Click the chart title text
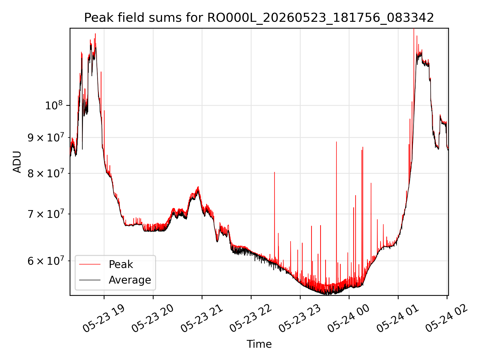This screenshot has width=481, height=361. [x=259, y=18]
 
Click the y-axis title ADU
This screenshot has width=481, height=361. [x=17, y=162]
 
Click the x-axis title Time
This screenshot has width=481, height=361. [x=259, y=344]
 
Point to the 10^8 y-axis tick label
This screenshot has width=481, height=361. [x=54, y=105]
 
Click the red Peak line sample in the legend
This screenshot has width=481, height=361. [x=90, y=264]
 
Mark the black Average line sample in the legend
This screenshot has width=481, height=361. [x=90, y=280]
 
